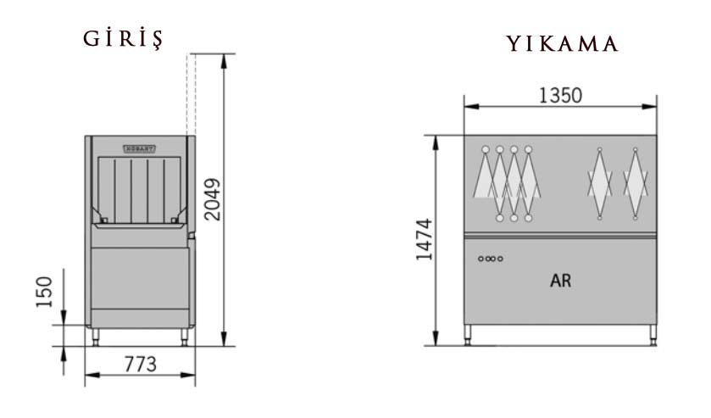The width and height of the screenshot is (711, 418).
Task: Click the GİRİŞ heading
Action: (123, 38)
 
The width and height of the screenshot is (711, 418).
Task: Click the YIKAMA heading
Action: (562, 43)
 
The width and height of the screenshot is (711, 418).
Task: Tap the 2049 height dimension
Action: (212, 199)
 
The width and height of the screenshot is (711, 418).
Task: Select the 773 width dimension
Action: (140, 364)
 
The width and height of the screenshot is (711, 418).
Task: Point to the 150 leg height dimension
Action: (44, 292)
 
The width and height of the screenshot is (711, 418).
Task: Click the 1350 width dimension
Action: (560, 95)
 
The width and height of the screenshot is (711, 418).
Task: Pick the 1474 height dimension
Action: (425, 240)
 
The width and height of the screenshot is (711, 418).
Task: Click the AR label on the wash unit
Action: (560, 281)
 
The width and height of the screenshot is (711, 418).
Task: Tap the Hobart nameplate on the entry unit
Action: (139, 149)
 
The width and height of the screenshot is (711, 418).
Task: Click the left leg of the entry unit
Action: (96, 337)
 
